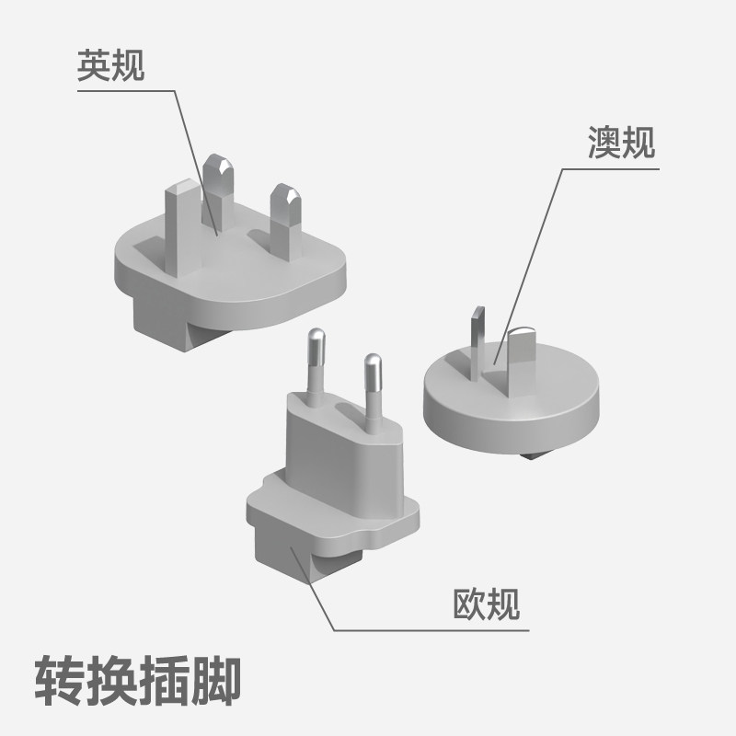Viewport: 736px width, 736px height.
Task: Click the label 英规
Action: [x=111, y=66]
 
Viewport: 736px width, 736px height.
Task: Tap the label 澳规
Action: [x=621, y=143]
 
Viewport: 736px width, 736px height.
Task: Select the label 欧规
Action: [x=487, y=604]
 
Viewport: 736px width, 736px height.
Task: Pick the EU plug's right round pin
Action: [x=373, y=386]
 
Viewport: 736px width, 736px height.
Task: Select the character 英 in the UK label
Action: [x=94, y=66]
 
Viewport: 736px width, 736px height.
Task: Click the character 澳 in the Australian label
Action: [x=604, y=143]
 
